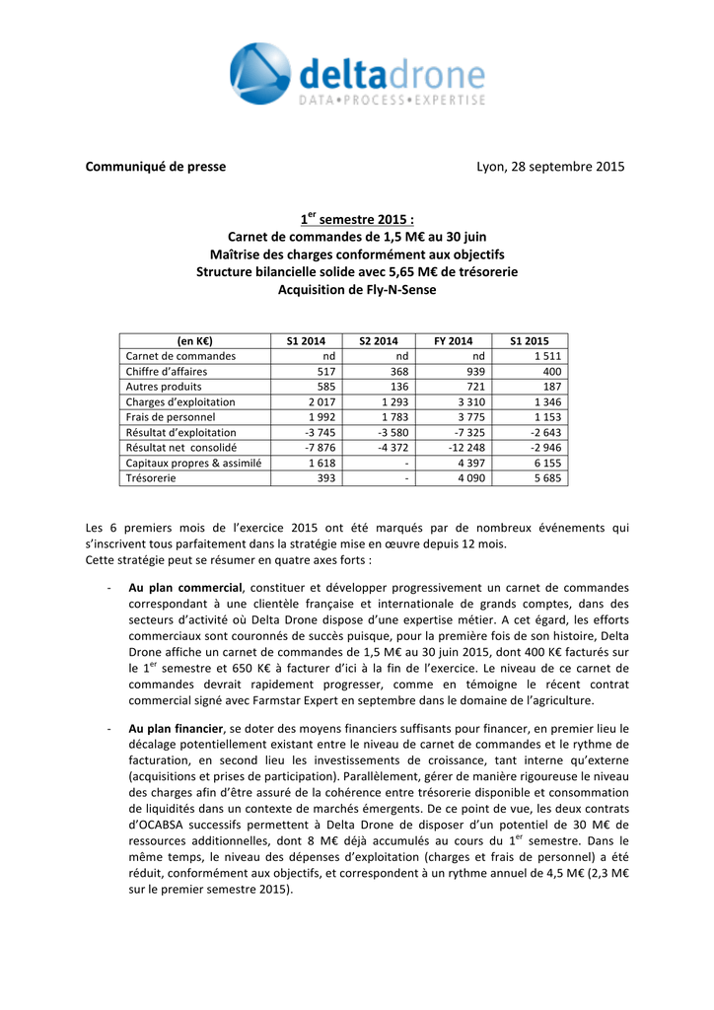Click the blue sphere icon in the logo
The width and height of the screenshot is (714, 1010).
pyautogui.click(x=259, y=73)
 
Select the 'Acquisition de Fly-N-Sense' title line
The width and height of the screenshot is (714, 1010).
pyautogui.click(x=356, y=290)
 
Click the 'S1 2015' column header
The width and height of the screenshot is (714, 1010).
pyautogui.click(x=530, y=340)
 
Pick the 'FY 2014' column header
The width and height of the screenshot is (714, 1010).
pyautogui.click(x=454, y=340)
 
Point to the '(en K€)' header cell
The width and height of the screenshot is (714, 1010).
pyautogui.click(x=194, y=340)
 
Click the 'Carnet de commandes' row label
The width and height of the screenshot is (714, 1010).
pyautogui.click(x=180, y=356)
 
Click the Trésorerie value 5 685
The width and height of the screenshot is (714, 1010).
pyautogui.click(x=548, y=478)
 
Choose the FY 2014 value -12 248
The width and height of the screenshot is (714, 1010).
pyautogui.click(x=466, y=448)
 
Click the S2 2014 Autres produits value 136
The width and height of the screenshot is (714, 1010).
pyautogui.click(x=398, y=387)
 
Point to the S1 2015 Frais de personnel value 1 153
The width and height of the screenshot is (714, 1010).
pyautogui.click(x=548, y=417)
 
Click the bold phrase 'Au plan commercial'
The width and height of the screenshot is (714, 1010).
pyautogui.click(x=185, y=588)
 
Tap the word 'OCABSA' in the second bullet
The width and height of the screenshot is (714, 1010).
pyautogui.click(x=164, y=825)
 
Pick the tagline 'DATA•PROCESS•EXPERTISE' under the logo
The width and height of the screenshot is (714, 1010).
pyautogui.click(x=392, y=101)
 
